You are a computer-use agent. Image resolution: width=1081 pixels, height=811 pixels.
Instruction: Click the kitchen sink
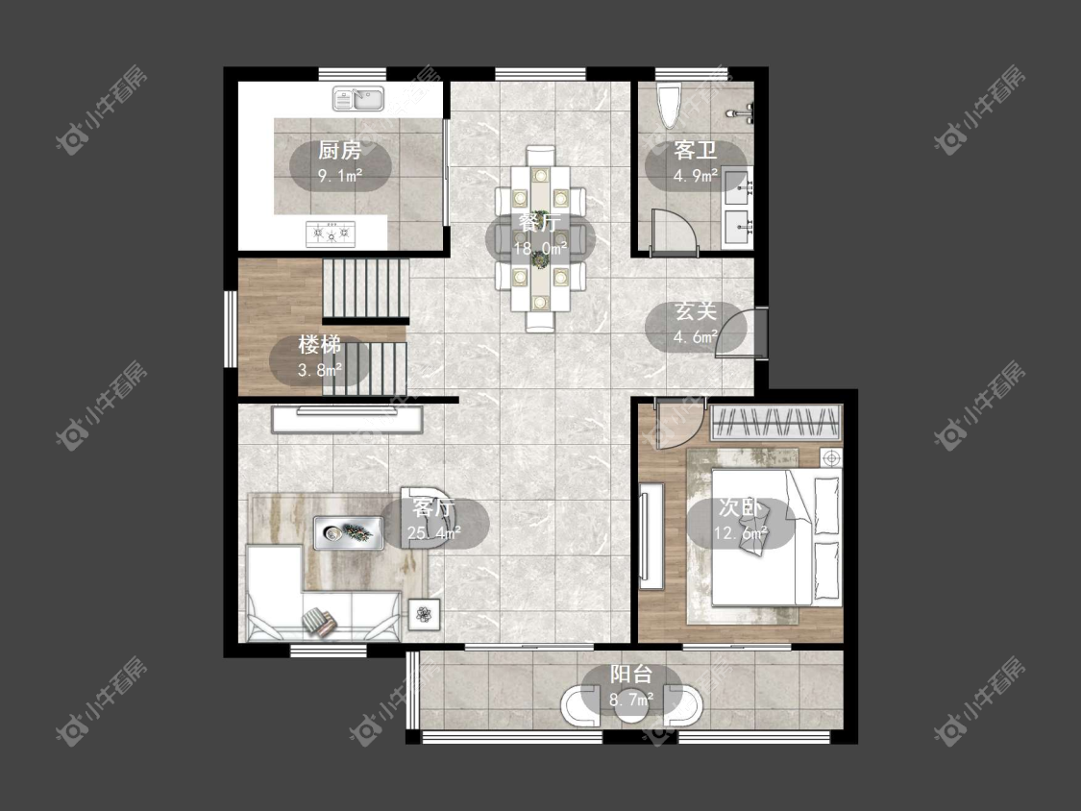(x=357, y=99)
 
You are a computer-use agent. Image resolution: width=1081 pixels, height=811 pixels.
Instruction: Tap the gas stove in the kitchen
(x=331, y=233)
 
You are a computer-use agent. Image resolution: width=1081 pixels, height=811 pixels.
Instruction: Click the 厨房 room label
(x=340, y=150)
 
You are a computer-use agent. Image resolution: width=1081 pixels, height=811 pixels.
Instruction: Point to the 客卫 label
(x=696, y=150)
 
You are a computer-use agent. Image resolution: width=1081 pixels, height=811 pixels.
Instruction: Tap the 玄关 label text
(x=696, y=311)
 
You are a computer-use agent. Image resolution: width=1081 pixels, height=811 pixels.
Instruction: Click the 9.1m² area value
(x=340, y=176)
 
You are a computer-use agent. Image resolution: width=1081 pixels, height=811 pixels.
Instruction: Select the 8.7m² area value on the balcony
(x=630, y=700)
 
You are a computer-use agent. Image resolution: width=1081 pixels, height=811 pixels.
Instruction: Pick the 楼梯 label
(x=319, y=344)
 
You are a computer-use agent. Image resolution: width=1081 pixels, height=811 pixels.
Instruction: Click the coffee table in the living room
(x=349, y=532)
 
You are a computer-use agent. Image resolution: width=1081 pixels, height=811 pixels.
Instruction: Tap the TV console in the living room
(x=347, y=419)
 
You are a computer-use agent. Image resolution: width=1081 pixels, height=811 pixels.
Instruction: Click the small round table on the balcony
(x=630, y=709)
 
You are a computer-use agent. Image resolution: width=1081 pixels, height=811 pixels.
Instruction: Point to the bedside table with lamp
(x=831, y=457)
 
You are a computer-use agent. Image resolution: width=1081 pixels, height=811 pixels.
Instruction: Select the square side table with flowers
(x=424, y=614)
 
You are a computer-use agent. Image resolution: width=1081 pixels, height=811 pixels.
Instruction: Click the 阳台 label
(x=630, y=675)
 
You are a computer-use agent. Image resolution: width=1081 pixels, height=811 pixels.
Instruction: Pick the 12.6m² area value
(x=740, y=533)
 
